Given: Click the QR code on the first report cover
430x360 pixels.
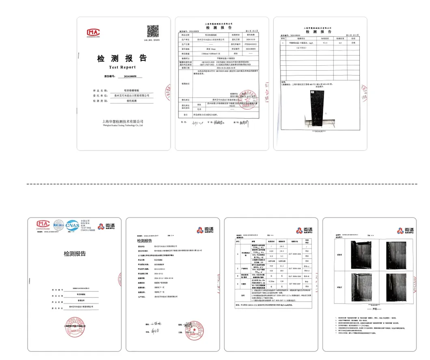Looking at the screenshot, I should coord(153,31).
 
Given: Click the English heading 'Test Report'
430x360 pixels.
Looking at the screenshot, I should coord(122,67).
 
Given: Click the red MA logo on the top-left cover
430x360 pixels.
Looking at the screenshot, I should coord(93,32).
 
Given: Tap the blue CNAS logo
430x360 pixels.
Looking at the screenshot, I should coord(73,224).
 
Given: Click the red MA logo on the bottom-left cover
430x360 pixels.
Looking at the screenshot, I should coord(43,224).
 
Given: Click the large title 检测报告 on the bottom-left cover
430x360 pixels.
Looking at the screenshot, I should coord(75,254).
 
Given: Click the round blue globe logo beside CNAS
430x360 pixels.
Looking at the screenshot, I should coord(58,224).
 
